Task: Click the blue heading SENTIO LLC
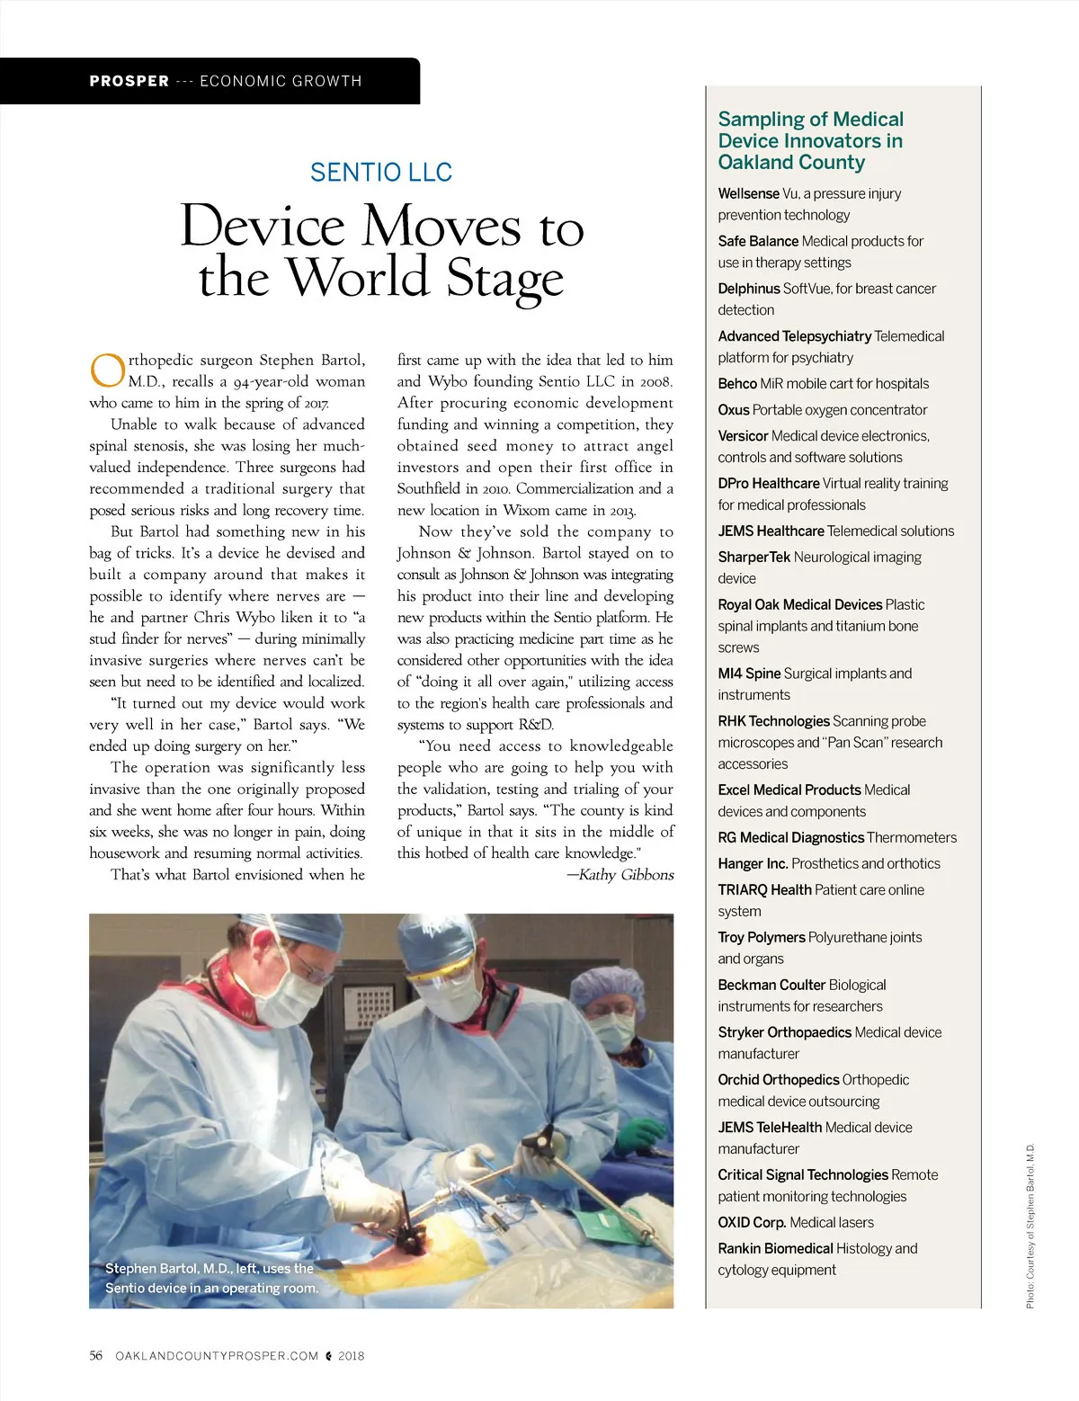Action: click(x=381, y=172)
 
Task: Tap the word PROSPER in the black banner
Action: click(x=129, y=81)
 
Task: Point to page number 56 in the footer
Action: click(x=96, y=1355)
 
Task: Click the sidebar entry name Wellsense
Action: click(x=748, y=193)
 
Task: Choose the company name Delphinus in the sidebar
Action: click(x=749, y=289)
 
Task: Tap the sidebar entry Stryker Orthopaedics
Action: click(x=785, y=1032)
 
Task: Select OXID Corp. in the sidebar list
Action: click(x=752, y=1222)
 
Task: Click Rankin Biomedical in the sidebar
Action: click(x=775, y=1248)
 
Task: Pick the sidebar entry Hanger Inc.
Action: click(x=753, y=863)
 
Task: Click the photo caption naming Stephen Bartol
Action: click(x=210, y=1278)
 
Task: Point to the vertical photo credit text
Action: click(x=1030, y=1226)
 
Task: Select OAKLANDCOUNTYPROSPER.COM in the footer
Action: click(x=217, y=1355)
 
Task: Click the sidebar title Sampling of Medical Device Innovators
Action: click(x=810, y=141)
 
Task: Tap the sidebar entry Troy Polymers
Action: click(x=762, y=937)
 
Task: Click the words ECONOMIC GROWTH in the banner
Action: click(x=281, y=81)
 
